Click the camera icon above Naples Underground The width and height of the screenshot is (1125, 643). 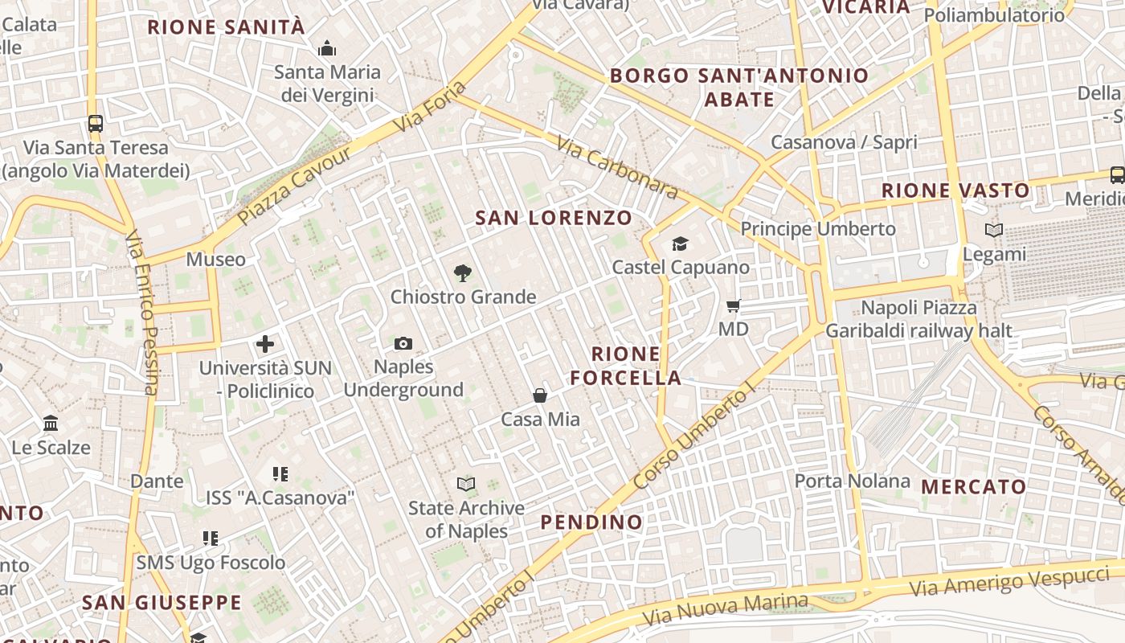(403, 344)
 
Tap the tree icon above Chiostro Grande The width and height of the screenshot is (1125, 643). (462, 273)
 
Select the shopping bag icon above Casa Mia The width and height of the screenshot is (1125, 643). (540, 395)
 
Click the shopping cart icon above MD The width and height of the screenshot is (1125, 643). (733, 305)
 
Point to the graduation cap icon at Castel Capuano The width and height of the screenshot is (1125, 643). (680, 244)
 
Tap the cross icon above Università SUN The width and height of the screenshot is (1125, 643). (265, 345)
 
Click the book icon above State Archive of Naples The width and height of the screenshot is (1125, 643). (466, 484)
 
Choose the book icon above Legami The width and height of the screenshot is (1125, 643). (994, 231)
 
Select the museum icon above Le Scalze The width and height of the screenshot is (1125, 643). (51, 423)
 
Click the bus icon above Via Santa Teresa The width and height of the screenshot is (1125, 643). (96, 124)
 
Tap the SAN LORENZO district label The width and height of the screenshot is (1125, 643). (554, 218)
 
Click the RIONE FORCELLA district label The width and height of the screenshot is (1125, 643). (636, 366)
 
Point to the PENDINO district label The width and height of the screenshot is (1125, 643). (591, 522)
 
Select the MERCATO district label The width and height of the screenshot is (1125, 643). (974, 486)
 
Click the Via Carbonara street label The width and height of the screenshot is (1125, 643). (617, 167)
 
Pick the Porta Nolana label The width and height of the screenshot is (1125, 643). (853, 481)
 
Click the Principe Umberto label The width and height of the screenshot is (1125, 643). (818, 229)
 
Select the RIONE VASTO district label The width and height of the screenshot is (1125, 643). (955, 190)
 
